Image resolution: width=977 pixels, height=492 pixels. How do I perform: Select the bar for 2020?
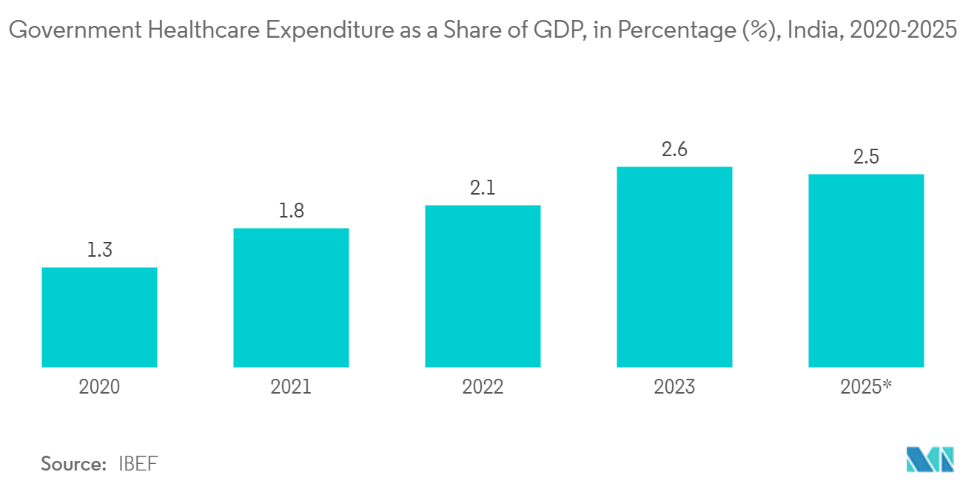99,317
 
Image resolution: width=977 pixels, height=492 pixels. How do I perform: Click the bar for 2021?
291,297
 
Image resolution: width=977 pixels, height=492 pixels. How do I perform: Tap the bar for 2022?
483,286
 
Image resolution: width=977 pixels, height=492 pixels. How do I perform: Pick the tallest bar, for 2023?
674,266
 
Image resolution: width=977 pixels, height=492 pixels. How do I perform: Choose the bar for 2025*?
866,270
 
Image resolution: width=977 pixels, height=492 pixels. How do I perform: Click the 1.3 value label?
99,250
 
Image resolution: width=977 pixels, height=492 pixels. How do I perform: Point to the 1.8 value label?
291,211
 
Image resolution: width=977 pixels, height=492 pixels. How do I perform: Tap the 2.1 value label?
483,188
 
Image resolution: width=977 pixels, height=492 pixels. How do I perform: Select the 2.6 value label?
674,149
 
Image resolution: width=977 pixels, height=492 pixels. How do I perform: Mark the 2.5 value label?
866,157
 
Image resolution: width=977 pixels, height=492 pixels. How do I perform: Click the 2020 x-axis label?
99,387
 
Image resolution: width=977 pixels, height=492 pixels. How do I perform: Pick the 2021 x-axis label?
291,387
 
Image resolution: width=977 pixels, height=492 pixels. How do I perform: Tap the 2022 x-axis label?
483,387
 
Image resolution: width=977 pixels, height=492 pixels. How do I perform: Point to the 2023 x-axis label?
674,387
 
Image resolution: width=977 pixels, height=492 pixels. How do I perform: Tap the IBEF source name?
138,464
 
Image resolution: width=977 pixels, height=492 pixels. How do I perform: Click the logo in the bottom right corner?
930,459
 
